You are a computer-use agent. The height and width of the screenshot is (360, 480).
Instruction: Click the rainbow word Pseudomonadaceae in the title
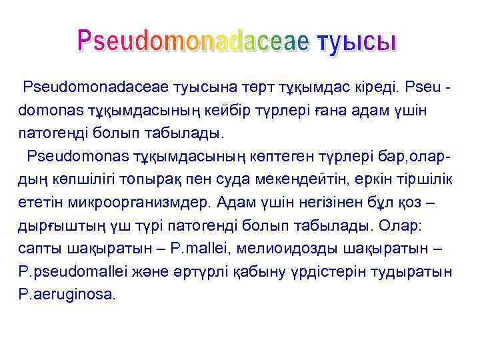tap(194, 41)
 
